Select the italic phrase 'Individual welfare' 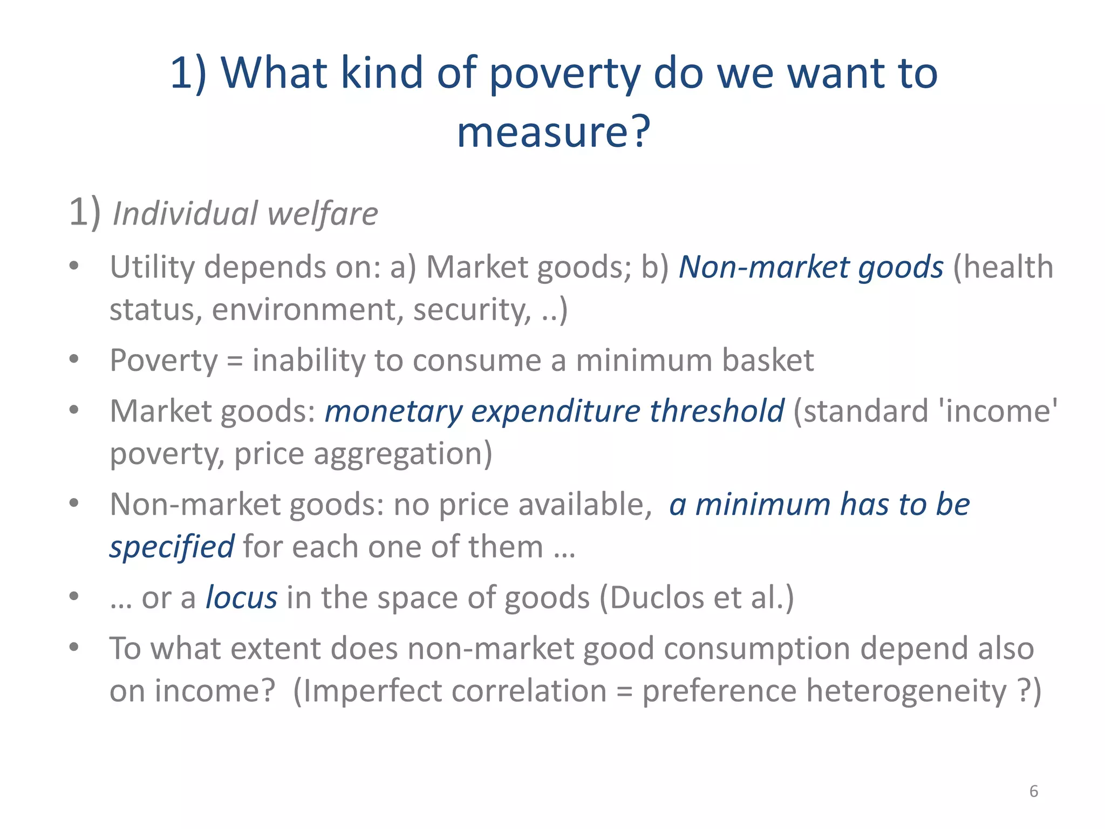click(x=245, y=214)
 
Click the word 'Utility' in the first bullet click(x=152, y=267)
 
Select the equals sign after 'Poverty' click(x=235, y=361)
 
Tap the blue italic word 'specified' click(x=172, y=547)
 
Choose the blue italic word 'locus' click(x=242, y=598)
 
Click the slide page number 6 click(x=1034, y=791)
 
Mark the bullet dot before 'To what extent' click(x=74, y=647)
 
